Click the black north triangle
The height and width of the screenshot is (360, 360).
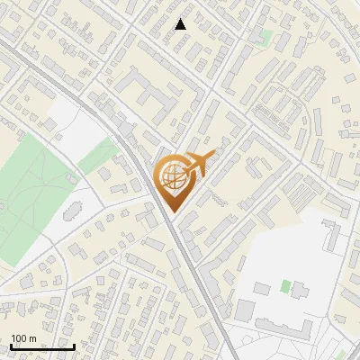click(181, 24)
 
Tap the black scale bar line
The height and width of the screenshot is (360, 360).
click(42, 346)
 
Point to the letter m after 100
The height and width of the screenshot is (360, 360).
click(33, 338)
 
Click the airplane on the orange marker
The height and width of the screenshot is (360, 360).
click(200, 166)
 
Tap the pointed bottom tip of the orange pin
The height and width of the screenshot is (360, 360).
click(174, 212)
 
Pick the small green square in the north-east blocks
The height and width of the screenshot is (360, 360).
click(265, 37)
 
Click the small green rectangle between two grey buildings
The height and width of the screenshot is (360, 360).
click(286, 286)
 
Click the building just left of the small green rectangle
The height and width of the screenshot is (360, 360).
click(264, 289)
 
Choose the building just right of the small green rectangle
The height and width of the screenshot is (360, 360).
click(300, 290)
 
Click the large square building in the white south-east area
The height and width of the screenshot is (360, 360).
click(246, 310)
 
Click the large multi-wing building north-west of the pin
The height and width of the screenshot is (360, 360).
click(144, 94)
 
